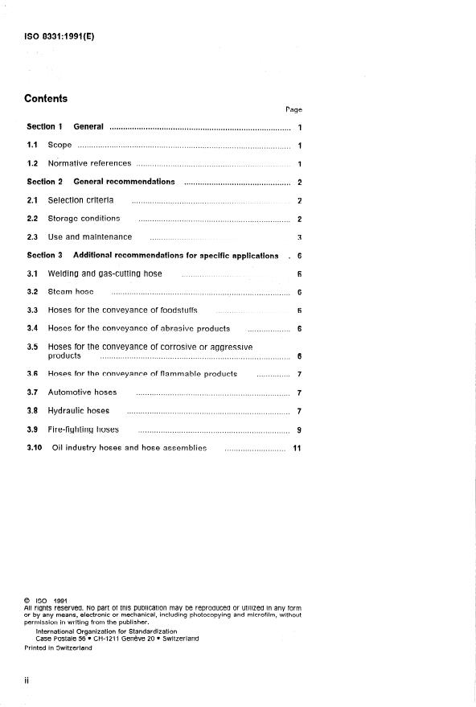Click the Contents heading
(46, 99)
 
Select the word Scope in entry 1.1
(59, 145)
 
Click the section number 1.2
(33, 163)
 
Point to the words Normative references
(89, 163)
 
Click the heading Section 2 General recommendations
(101, 182)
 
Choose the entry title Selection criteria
(80, 200)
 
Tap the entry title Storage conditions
(84, 218)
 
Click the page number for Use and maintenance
(299, 237)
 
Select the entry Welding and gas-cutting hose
(105, 273)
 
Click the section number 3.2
(33, 291)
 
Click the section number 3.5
(33, 347)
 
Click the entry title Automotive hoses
(82, 393)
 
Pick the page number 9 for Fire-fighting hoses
(298, 430)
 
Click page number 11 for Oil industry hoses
(297, 448)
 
